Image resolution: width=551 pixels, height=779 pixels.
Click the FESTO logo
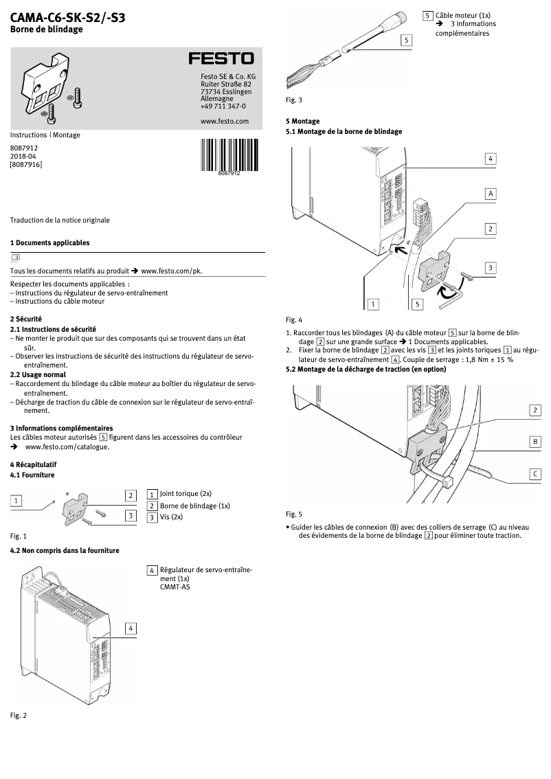(x=221, y=59)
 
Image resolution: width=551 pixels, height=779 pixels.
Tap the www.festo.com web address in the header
(x=224, y=121)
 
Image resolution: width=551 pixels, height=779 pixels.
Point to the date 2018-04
(x=23, y=156)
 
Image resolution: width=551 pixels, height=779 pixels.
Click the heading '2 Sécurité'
(x=26, y=319)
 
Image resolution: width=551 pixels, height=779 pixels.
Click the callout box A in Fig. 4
(x=491, y=194)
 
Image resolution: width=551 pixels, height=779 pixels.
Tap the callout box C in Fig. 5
(x=535, y=473)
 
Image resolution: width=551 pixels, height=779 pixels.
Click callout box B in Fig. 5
(x=535, y=442)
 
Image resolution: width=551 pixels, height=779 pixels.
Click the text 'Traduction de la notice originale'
(x=60, y=220)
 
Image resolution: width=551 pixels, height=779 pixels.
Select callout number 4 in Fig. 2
(x=131, y=628)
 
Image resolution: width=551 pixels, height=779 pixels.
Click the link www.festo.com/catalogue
(x=67, y=447)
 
